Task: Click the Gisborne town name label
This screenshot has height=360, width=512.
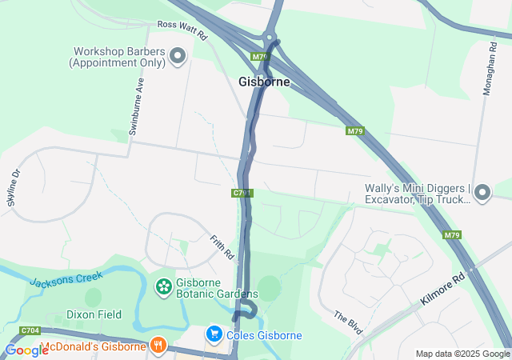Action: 264,82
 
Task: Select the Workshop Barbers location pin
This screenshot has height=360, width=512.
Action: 178,56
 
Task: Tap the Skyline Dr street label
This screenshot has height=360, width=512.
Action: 14,187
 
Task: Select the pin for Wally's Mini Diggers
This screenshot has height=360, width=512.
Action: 482,192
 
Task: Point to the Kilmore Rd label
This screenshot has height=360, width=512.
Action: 442,292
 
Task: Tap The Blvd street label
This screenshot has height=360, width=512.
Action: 349,322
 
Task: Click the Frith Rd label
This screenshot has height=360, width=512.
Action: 222,248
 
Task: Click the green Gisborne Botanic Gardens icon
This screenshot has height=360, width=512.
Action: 163,286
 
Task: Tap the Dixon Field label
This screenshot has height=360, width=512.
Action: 94,314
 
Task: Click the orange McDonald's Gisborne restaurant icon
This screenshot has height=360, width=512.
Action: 158,346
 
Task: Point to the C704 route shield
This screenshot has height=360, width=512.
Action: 30,330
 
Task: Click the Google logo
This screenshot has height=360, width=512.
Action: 26,350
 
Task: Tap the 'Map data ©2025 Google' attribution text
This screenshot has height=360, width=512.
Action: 462,354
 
